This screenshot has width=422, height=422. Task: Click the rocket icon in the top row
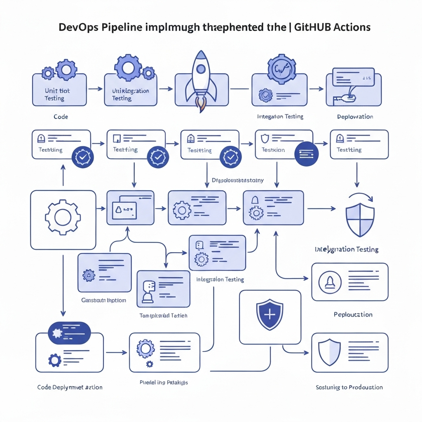point(201,80)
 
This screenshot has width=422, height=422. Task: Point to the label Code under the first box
point(61,117)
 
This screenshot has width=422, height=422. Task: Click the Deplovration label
point(355,117)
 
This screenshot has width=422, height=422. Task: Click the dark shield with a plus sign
point(270,315)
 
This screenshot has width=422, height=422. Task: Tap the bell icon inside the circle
point(330,282)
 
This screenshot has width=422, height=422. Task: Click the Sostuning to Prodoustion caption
point(349,387)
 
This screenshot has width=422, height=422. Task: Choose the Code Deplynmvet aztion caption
point(70,387)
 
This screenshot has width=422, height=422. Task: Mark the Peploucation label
point(353,314)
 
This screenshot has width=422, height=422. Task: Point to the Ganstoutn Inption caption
point(103,300)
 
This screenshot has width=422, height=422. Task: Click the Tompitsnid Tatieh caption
point(164,315)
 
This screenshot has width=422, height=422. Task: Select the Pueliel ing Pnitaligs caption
point(164,382)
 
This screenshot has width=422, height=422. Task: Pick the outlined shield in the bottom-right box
point(330,352)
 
